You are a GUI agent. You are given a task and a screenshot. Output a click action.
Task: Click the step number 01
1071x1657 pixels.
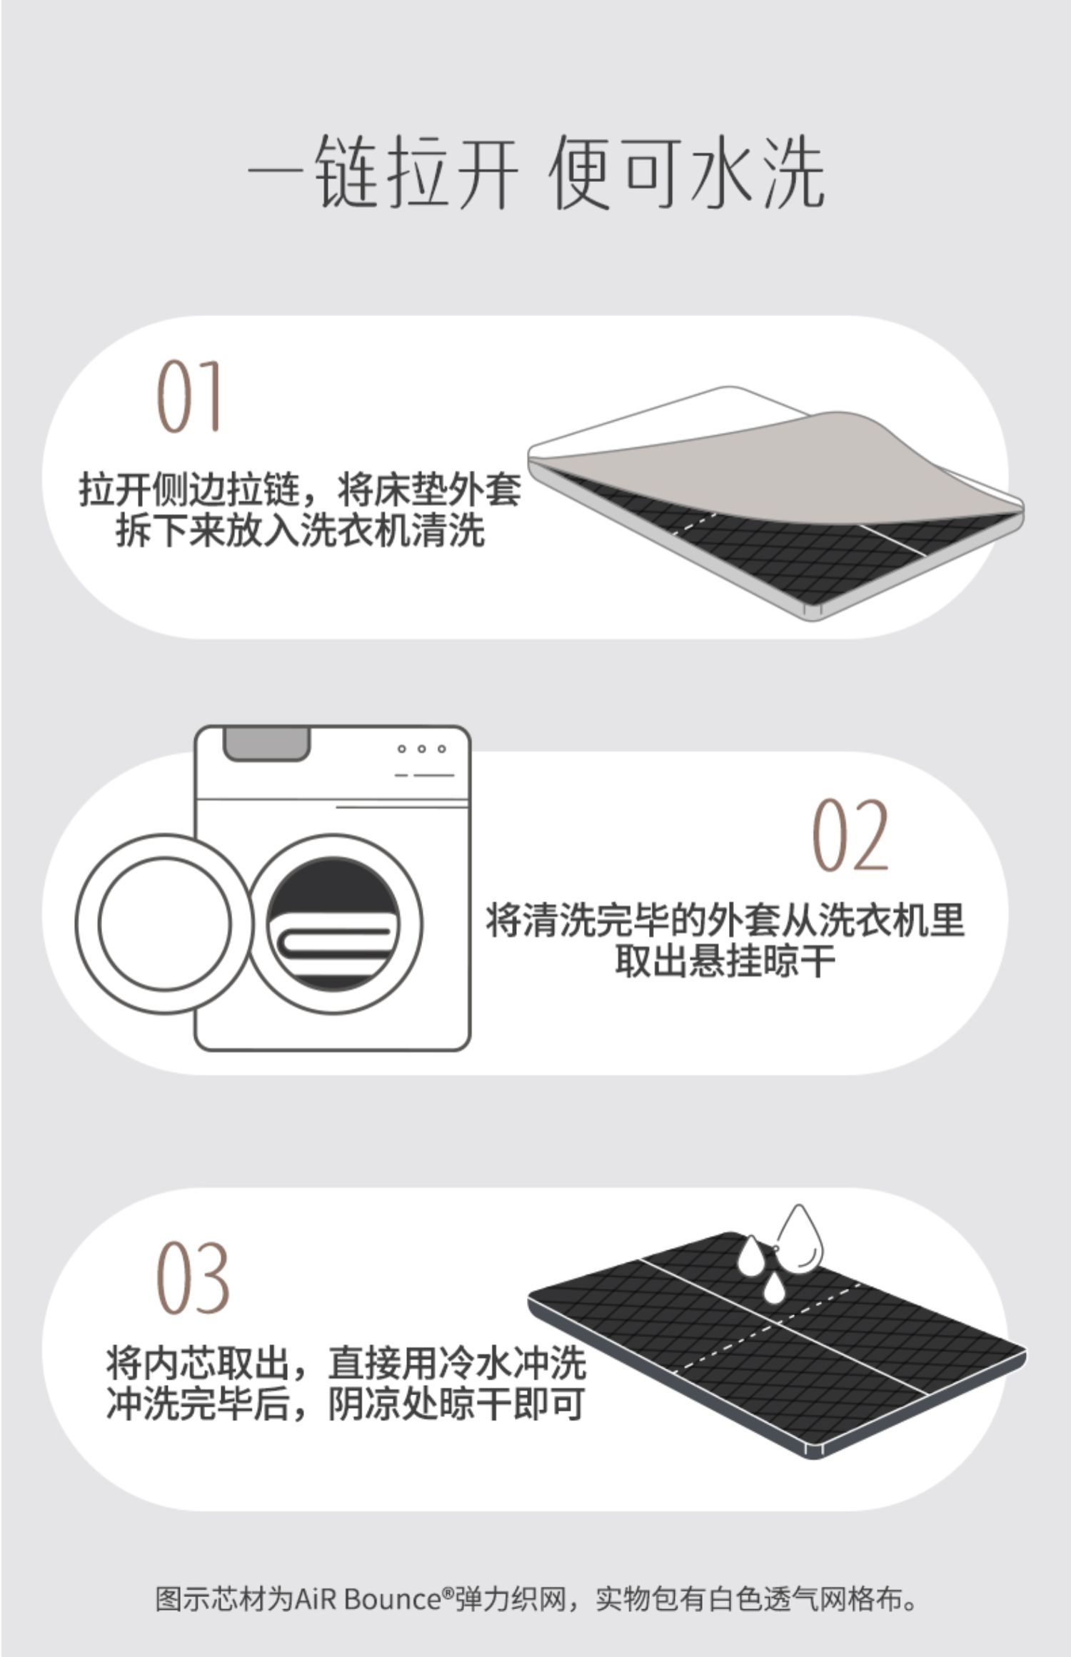coord(188,397)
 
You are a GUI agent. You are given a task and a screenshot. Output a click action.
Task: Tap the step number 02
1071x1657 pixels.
coord(851,835)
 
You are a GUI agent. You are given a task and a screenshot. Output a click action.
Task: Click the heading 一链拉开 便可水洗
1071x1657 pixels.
coord(535,172)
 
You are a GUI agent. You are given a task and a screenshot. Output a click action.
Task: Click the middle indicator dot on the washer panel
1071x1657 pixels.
coord(422,749)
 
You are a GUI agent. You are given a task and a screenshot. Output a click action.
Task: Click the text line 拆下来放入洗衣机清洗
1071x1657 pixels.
coord(301,530)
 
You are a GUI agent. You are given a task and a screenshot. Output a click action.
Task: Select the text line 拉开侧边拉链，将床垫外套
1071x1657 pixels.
coord(301,490)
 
